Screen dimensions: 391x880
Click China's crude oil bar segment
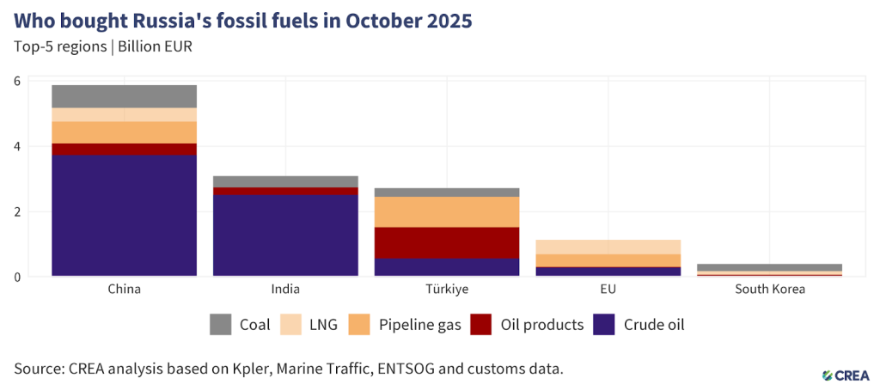pos(124,215)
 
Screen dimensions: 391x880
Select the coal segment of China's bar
pos(124,96)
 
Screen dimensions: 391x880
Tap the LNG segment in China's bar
pos(124,114)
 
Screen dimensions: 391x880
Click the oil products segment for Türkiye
pos(447,242)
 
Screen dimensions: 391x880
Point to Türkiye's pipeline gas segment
pos(447,211)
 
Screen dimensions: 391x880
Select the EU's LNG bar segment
pos(608,247)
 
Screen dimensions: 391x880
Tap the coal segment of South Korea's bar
pos(770,267)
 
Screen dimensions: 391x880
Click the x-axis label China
pos(124,290)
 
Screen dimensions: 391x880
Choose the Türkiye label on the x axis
pos(447,290)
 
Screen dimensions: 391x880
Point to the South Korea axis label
pos(770,290)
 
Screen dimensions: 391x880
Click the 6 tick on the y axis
pos(16,81)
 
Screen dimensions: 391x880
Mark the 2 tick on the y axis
pos(16,211)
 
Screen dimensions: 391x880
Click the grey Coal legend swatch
pos(221,325)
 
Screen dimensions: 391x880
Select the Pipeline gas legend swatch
pos(359,325)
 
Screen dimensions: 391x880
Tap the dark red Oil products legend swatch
pos(482,325)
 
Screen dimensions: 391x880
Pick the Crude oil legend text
pos(654,325)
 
